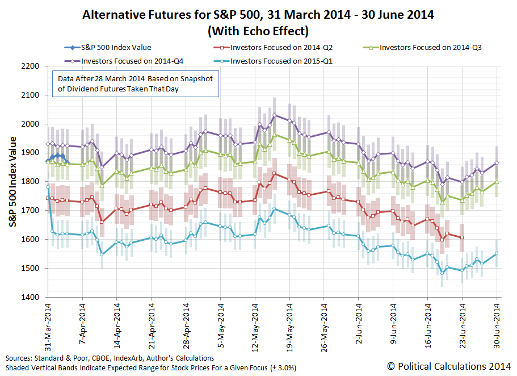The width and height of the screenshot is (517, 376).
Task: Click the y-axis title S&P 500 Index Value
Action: [12, 182]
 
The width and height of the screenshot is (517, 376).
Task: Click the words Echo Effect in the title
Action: [266, 29]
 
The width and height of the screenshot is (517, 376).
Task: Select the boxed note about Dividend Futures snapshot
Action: [135, 84]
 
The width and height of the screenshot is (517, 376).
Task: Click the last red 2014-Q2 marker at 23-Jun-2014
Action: [462, 237]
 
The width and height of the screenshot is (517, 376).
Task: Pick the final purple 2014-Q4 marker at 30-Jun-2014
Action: [497, 163]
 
